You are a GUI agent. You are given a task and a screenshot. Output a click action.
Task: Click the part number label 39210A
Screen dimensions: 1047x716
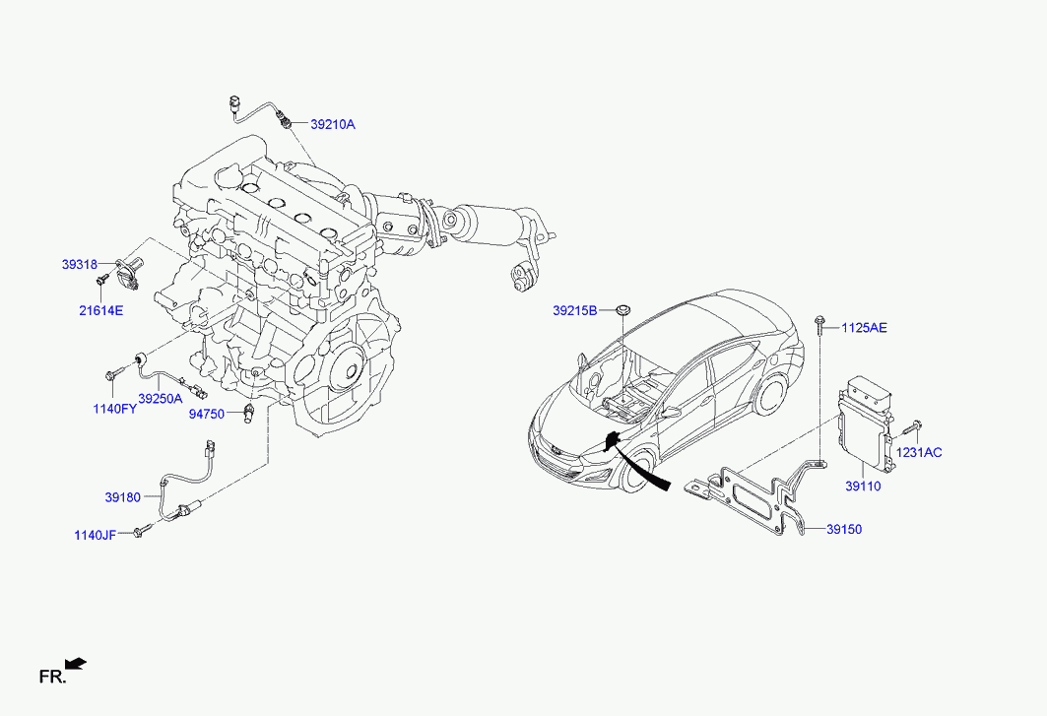(x=333, y=124)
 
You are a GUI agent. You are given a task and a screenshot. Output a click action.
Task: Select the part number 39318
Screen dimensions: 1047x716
(x=80, y=265)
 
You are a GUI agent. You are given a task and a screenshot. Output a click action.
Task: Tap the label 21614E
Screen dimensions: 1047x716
(x=100, y=310)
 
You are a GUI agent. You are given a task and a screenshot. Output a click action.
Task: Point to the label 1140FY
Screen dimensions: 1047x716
(x=115, y=409)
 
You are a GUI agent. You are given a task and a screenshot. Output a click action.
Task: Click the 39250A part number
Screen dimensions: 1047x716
(x=161, y=399)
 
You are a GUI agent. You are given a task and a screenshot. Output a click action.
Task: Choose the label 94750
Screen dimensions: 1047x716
(x=206, y=414)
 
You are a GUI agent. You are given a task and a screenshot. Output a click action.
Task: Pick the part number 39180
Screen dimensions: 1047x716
(x=123, y=497)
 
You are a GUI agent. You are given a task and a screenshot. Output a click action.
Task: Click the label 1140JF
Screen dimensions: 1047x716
(x=95, y=535)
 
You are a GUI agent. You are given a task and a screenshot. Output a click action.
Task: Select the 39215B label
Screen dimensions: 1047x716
(x=575, y=310)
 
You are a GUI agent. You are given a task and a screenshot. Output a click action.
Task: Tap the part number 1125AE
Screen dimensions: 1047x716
(x=864, y=328)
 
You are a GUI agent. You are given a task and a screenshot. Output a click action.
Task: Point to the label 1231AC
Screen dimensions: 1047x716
(x=919, y=453)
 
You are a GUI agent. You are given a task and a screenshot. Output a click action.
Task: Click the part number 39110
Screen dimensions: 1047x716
(x=864, y=487)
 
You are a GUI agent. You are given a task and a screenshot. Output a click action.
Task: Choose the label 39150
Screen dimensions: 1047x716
(x=844, y=530)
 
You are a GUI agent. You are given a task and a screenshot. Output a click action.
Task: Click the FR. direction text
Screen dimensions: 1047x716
(x=53, y=677)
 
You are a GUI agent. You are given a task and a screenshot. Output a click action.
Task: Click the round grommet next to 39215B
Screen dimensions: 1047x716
(x=623, y=309)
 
